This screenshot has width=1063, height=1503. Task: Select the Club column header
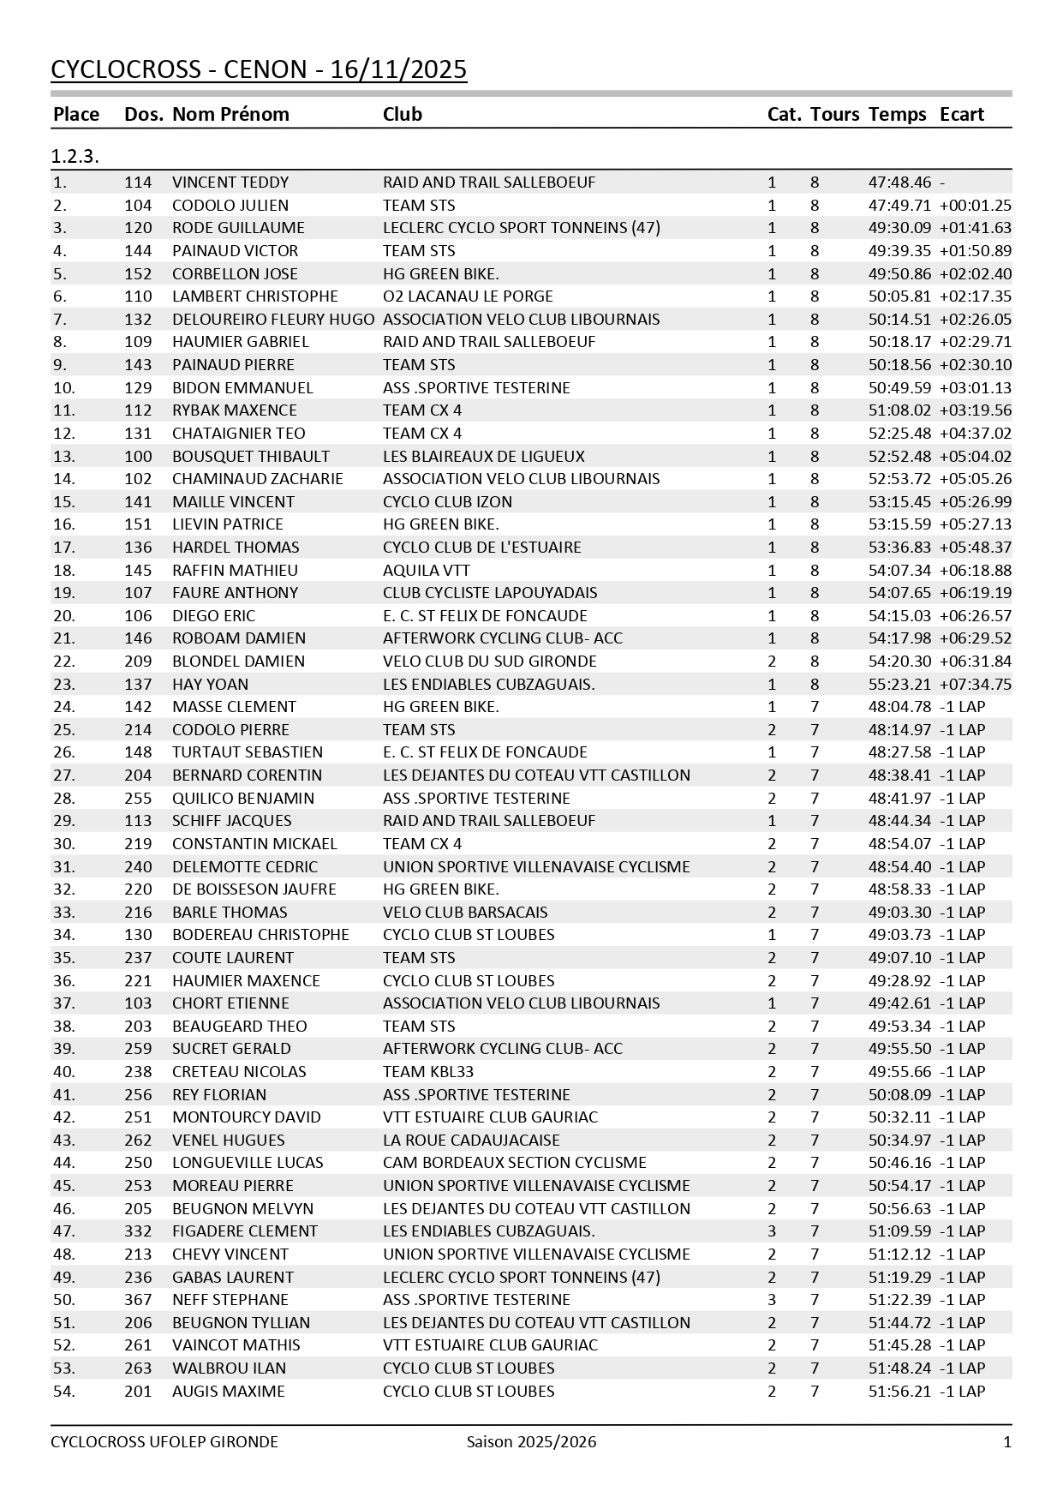click(402, 114)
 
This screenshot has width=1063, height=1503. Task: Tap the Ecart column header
click(961, 114)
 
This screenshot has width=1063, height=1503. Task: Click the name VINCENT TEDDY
click(230, 183)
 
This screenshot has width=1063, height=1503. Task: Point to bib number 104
click(138, 206)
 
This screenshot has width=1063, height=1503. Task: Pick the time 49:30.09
click(899, 228)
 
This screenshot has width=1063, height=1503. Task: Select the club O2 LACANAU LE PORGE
click(468, 296)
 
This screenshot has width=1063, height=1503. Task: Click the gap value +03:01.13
click(975, 388)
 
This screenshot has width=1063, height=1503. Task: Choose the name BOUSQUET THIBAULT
click(251, 457)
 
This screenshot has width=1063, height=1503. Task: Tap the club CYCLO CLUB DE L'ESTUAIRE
click(481, 548)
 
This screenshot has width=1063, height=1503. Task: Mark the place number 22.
click(63, 662)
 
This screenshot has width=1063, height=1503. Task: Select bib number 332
click(138, 1231)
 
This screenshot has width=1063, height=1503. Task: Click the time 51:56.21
click(899, 1392)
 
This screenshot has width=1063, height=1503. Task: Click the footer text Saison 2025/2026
click(531, 1442)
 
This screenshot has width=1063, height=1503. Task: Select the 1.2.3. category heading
click(75, 156)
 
